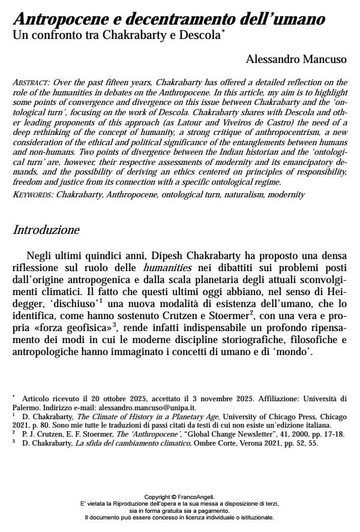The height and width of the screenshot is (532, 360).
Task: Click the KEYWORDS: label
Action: (x=33, y=195)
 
